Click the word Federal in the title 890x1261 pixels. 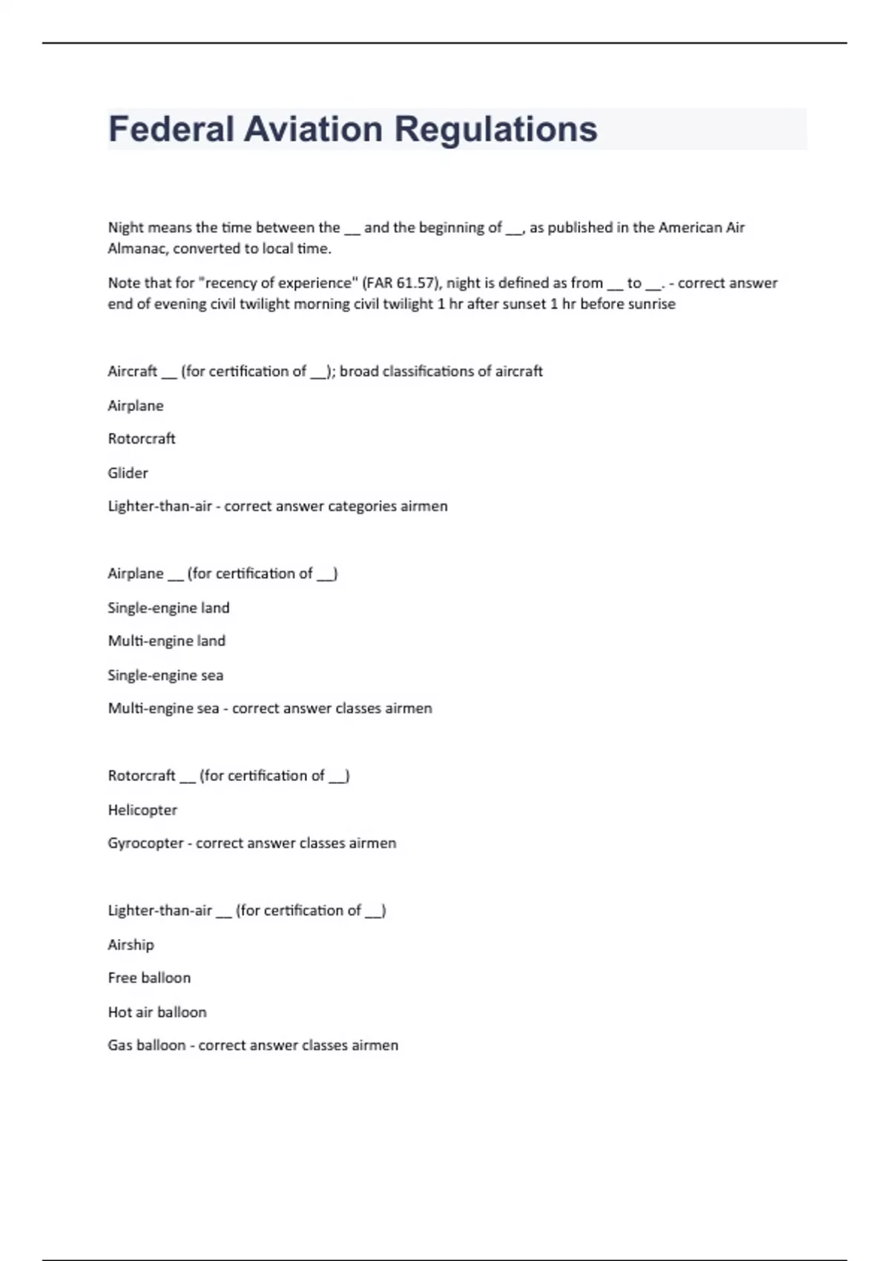click(171, 129)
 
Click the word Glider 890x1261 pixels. click(128, 473)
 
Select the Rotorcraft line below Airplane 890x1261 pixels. click(142, 438)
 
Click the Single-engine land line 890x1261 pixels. click(168, 608)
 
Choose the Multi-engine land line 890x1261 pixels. click(166, 641)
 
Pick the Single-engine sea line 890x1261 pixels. click(165, 675)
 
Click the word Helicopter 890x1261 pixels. click(142, 810)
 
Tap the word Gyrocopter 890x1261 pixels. click(145, 843)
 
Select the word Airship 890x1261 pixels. click(131, 944)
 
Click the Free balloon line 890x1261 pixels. click(149, 978)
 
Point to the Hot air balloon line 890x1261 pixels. click(157, 1012)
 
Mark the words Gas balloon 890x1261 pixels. click(147, 1045)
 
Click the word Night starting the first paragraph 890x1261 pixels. click(126, 228)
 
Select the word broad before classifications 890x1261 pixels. click(359, 371)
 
